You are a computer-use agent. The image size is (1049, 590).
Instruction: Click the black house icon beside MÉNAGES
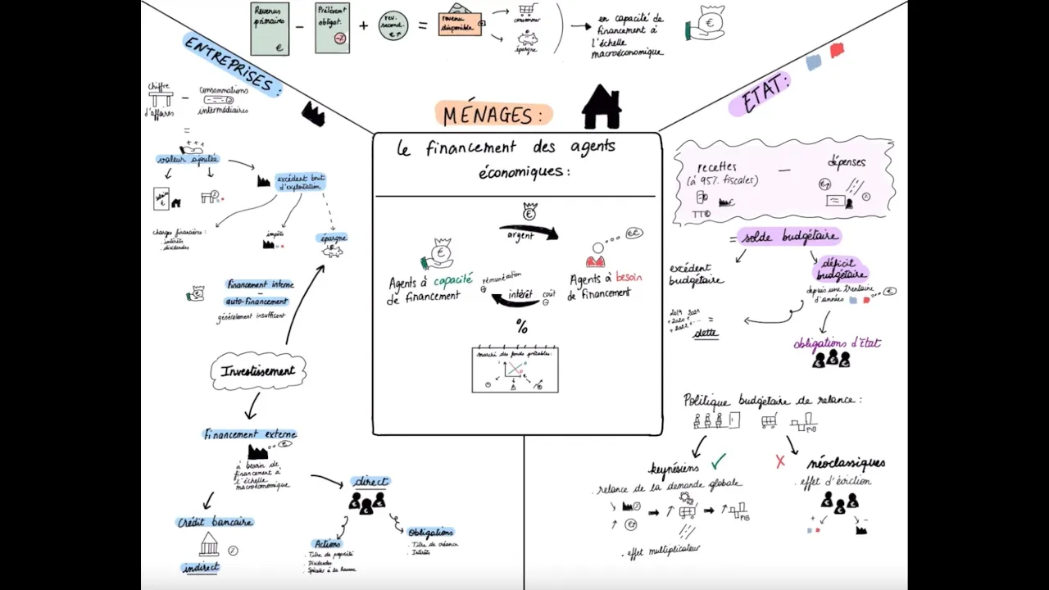click(602, 107)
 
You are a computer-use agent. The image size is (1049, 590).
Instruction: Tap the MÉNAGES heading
click(493, 115)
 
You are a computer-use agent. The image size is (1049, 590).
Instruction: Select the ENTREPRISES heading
click(233, 65)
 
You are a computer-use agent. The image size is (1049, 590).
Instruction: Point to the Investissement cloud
click(258, 371)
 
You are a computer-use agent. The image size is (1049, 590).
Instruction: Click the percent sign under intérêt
click(521, 328)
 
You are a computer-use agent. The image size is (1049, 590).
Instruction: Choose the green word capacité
click(452, 280)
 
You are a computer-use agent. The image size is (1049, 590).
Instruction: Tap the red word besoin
click(629, 278)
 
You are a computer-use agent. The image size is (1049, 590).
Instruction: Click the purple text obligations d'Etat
click(836, 343)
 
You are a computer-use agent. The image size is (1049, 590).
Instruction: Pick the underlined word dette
click(705, 333)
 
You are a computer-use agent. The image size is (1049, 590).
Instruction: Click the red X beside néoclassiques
click(780, 462)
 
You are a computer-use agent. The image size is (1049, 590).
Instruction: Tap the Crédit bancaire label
click(216, 522)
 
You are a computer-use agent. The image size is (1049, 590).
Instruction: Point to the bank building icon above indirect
click(209, 544)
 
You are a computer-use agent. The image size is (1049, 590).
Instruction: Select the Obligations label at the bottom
click(430, 533)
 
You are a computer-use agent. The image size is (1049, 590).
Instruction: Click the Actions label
click(327, 543)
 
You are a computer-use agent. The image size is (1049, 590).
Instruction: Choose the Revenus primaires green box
click(270, 29)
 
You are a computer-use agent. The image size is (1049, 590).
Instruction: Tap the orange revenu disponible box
click(459, 25)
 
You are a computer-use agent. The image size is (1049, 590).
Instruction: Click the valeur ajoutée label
click(188, 159)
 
